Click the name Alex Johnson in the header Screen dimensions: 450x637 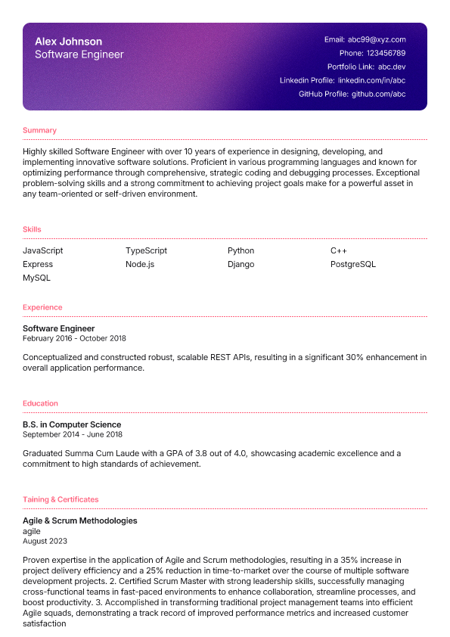click(68, 42)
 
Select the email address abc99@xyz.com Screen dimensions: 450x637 click(377, 39)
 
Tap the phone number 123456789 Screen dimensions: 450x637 click(386, 53)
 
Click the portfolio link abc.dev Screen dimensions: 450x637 click(392, 67)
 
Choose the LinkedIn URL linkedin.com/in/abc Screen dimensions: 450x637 click(371, 80)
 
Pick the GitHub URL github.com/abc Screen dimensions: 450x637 click(378, 94)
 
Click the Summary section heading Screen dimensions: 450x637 click(39, 130)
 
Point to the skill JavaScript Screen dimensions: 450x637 click(43, 250)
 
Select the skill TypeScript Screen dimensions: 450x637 click(146, 250)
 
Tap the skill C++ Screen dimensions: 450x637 click(338, 250)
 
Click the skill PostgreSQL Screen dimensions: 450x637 click(352, 264)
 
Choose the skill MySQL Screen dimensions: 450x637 click(36, 278)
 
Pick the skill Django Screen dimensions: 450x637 click(241, 264)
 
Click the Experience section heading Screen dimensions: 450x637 click(42, 307)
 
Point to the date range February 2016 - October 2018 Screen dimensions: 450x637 click(74, 338)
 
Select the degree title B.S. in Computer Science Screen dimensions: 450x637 click(72, 424)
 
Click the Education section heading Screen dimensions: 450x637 click(40, 403)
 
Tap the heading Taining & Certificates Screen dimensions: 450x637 click(61, 499)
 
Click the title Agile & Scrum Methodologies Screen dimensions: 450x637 click(79, 521)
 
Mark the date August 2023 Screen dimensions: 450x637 click(45, 541)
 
